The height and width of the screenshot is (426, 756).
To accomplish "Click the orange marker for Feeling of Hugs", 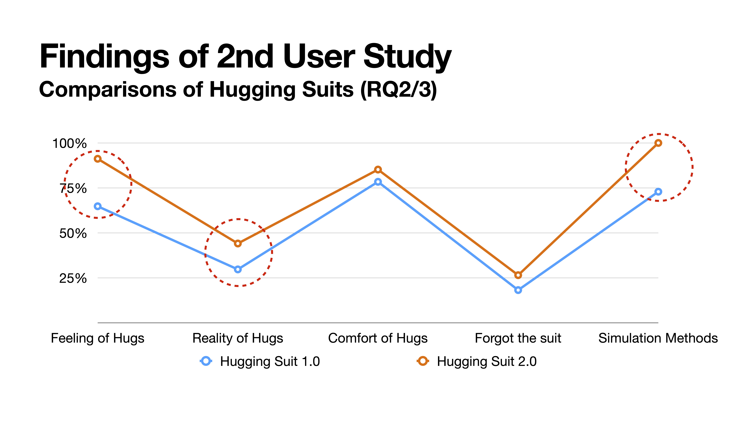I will point(98,159).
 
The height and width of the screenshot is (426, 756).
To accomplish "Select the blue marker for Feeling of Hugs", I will point(98,206).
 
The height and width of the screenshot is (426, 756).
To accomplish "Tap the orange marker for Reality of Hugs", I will point(238,243).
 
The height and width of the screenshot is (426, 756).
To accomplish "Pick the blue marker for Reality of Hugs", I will point(238,269).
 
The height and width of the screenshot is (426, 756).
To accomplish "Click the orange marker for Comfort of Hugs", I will point(378,170).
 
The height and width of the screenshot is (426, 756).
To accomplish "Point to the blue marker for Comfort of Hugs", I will point(378,182).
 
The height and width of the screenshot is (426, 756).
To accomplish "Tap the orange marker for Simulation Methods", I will point(658,143).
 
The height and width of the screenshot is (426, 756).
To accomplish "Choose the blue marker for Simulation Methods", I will point(658,192).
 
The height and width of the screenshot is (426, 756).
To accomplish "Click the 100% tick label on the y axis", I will point(69,144).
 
